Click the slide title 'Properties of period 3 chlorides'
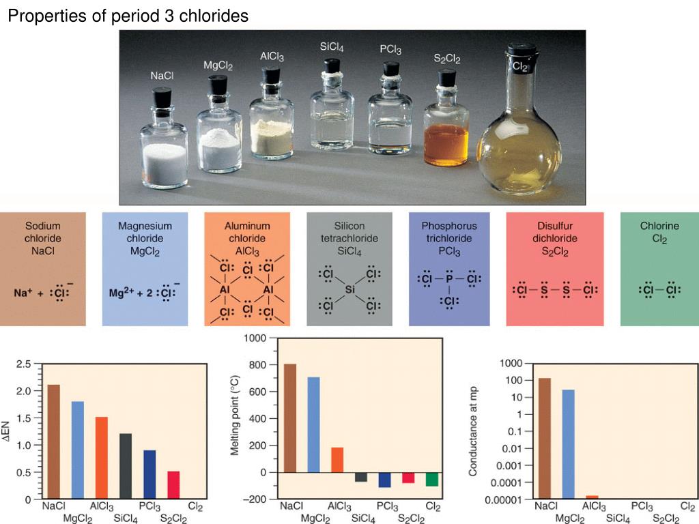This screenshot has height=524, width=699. tap(128, 16)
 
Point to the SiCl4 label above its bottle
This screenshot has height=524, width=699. tap(332, 47)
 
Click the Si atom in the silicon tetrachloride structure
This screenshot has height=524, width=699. tap(349, 290)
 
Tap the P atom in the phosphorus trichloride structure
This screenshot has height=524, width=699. tap(448, 279)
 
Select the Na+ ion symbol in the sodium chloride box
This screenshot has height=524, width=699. tap(25, 293)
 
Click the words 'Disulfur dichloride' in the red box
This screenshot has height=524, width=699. tap(555, 233)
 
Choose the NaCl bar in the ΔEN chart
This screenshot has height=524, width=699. tap(53, 441)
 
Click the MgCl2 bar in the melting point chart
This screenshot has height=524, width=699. tap(314, 424)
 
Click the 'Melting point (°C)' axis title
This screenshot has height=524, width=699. tap(235, 419)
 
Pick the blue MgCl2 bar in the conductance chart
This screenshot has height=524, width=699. tap(568, 443)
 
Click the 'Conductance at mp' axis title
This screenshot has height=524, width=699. tap(472, 430)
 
